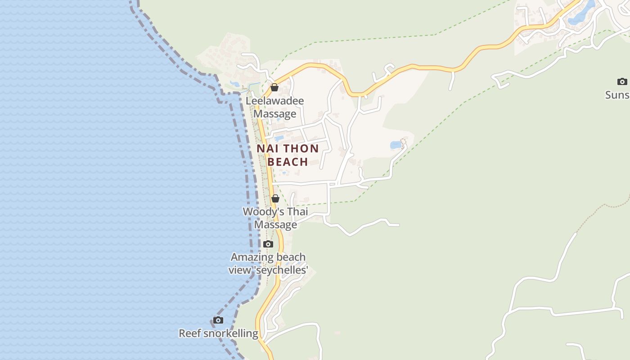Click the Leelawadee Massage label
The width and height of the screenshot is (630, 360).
point(274,107)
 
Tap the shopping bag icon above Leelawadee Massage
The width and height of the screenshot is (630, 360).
point(274,87)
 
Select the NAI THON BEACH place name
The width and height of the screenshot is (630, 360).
point(288,155)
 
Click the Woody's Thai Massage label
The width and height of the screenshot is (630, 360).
point(275,218)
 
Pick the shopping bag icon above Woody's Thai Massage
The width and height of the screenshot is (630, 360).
point(275,198)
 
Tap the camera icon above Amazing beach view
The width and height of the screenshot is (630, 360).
point(268,244)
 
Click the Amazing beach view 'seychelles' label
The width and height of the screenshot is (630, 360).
point(268,263)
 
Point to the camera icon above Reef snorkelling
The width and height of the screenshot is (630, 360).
point(218,320)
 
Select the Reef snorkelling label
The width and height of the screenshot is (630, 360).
point(219,333)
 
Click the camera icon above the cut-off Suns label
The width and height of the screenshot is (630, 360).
point(622,81)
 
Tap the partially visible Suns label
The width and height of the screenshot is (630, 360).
point(617,95)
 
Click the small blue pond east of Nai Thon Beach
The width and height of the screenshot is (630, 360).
point(396,145)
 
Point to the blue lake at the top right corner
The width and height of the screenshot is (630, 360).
point(580,13)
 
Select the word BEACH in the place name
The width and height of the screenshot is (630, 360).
point(288,162)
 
